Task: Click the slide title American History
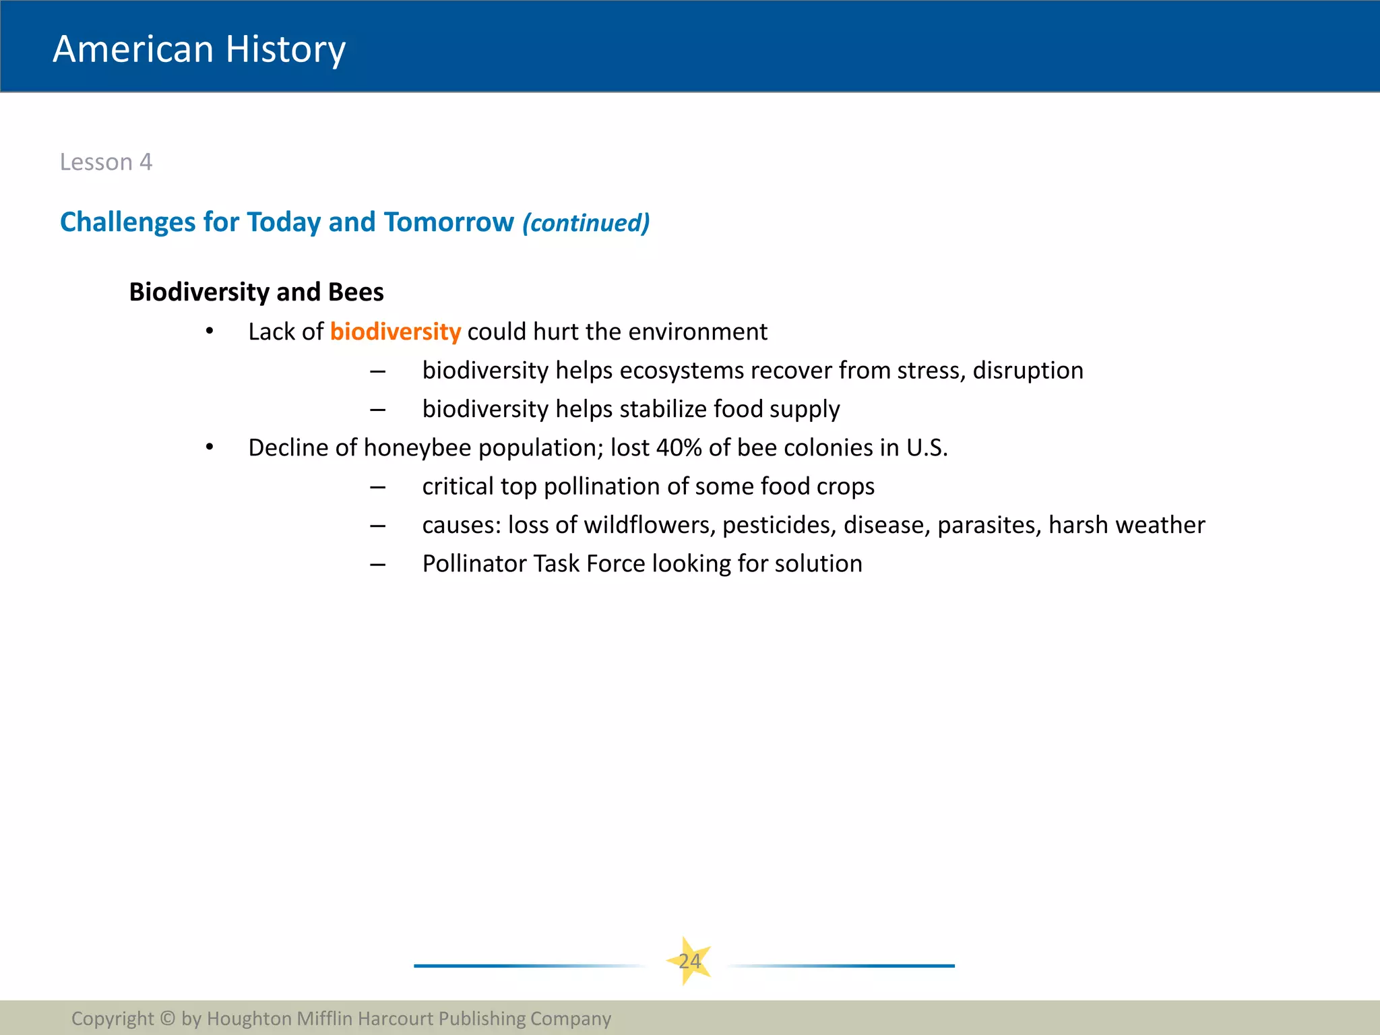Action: [199, 49]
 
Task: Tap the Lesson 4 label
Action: [106, 162]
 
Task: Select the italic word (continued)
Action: [586, 223]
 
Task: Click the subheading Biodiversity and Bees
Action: [256, 292]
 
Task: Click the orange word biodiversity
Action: [395, 332]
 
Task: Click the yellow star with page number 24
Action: [689, 961]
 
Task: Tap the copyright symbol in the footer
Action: [168, 1018]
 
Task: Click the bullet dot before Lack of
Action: [210, 331]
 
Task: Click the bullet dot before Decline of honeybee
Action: [210, 447]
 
